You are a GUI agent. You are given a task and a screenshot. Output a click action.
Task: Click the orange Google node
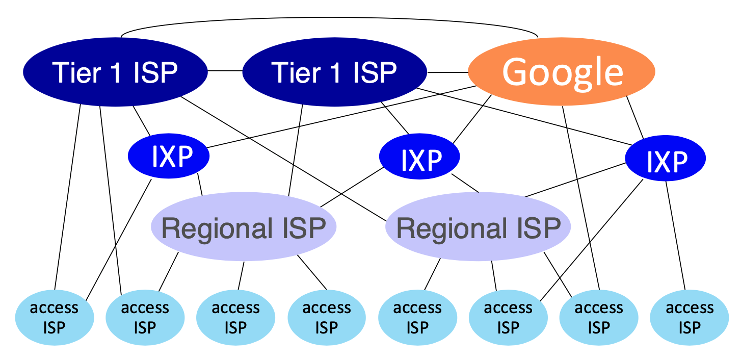pos(562,72)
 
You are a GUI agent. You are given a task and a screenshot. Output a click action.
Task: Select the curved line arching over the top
pos(329,22)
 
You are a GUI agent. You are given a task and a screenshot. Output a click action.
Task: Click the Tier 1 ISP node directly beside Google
pos(334,72)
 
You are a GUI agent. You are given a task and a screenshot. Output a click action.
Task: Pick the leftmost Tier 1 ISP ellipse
pos(115,72)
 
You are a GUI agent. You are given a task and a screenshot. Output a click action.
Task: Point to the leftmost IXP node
pos(169,156)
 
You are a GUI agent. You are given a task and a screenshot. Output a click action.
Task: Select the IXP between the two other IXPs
pos(419,158)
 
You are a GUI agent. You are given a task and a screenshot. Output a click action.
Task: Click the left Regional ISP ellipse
pos(244,227)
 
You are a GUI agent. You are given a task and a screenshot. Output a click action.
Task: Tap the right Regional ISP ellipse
pos(478,227)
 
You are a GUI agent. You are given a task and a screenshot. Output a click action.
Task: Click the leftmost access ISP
pos(55,317)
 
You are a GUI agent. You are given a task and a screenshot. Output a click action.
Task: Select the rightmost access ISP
pos(689,317)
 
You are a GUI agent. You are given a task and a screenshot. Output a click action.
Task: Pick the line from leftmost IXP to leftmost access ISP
pos(119,239)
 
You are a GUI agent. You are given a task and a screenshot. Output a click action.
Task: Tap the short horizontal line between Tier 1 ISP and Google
pos(447,72)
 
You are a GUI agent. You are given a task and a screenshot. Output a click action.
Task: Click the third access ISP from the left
pos(235,317)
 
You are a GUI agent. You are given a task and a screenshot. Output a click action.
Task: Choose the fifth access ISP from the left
pos(417,317)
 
